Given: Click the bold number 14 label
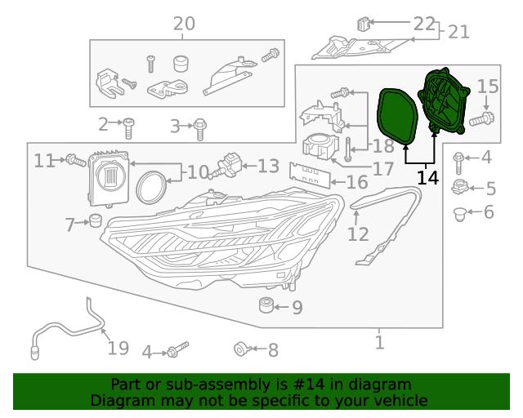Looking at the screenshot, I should [x=427, y=177].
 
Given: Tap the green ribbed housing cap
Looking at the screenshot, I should [x=444, y=101].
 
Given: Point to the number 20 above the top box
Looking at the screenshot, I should [x=184, y=24].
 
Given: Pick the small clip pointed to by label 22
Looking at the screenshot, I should [x=364, y=24].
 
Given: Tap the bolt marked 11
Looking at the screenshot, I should [x=75, y=161].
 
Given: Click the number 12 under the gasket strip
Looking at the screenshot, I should [x=358, y=235].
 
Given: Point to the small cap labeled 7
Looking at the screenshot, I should [x=95, y=220].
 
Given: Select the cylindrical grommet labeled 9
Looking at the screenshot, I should [x=266, y=307].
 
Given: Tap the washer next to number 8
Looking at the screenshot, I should [x=243, y=350].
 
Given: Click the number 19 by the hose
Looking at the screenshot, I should [x=118, y=349].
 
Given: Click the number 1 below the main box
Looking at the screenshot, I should [x=379, y=342].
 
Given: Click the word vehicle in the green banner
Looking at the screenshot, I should [x=398, y=401].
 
